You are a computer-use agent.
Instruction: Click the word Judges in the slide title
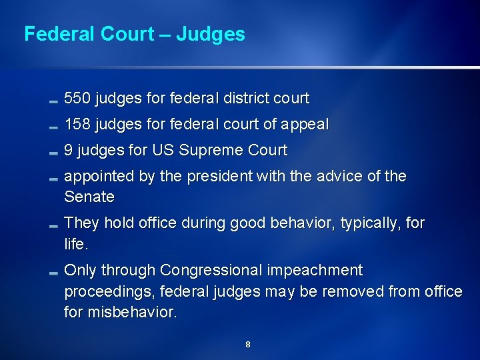213,34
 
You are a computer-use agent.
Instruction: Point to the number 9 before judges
69,151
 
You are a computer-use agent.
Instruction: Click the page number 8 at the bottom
248,345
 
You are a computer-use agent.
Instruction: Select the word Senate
89,197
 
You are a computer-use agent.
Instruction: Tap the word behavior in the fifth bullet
303,223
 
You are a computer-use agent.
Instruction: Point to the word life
75,244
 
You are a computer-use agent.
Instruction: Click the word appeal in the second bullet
306,125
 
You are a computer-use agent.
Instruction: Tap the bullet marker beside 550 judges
53,101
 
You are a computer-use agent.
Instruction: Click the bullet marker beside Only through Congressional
53,273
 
